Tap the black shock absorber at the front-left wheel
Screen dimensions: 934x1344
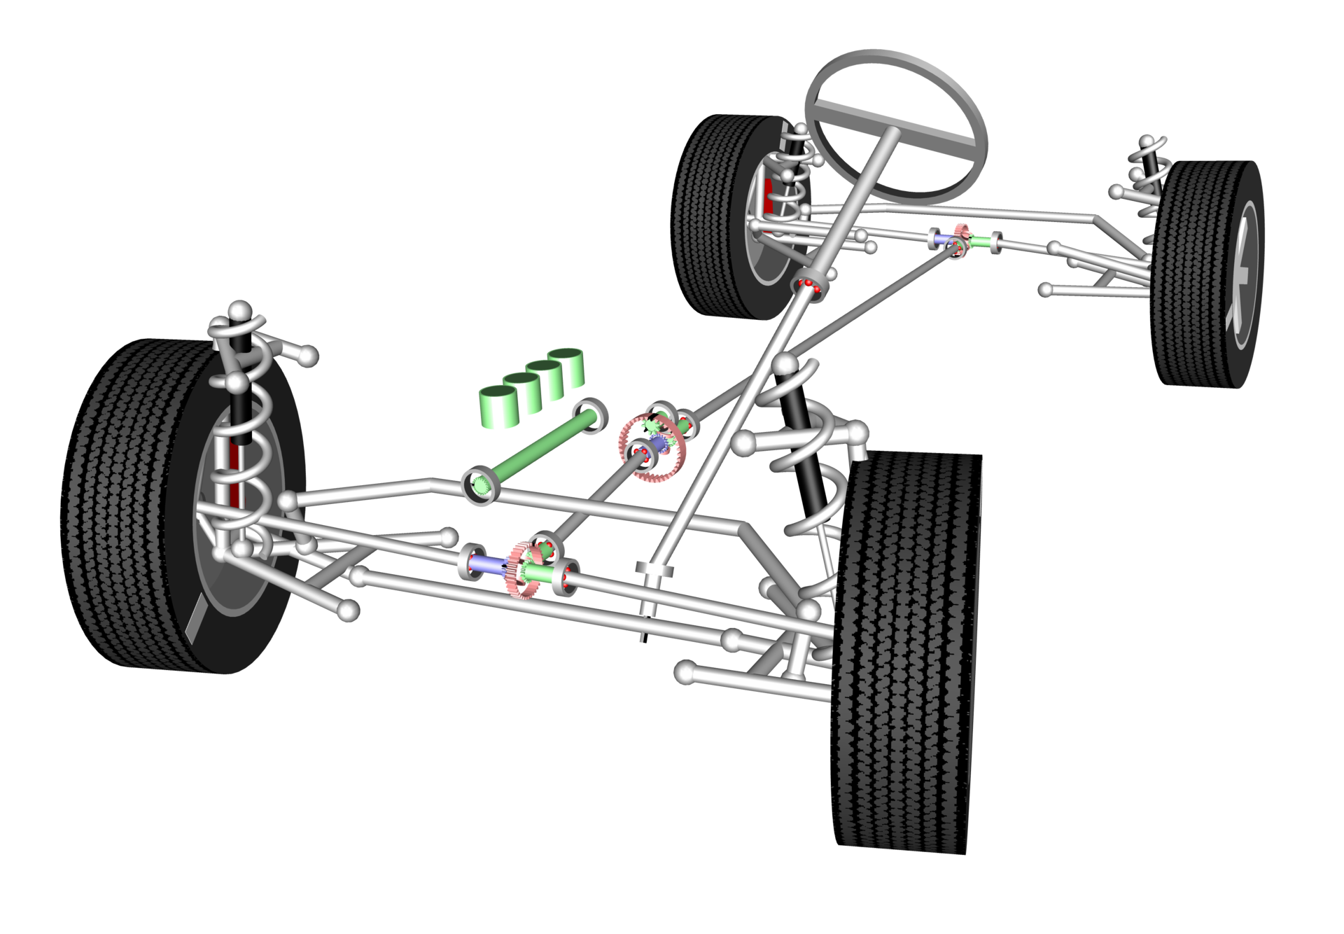[x=240, y=413]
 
